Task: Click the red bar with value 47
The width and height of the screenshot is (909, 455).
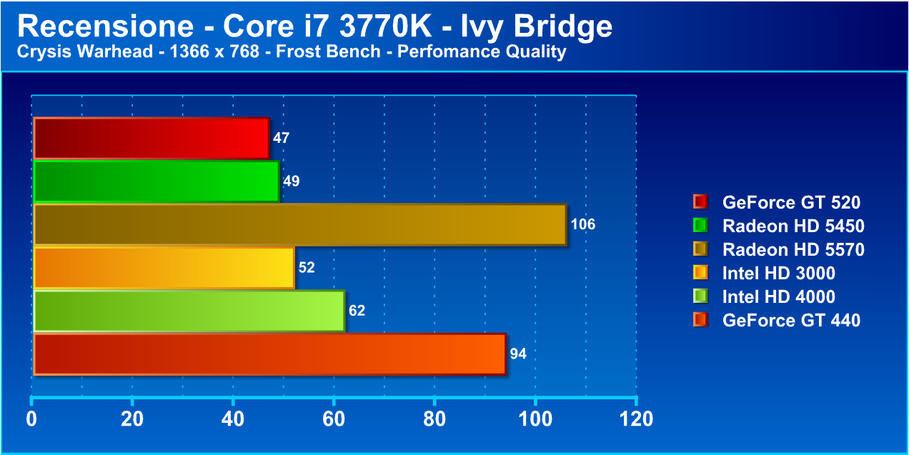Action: (151, 139)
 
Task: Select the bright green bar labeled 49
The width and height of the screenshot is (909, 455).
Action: (156, 181)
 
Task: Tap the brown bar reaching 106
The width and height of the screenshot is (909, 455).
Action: (299, 224)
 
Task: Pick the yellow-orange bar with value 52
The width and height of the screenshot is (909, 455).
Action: (164, 268)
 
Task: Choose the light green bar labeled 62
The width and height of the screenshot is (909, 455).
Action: (189, 311)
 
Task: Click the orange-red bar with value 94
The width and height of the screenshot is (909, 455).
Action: (269, 354)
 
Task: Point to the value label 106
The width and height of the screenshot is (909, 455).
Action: (582, 225)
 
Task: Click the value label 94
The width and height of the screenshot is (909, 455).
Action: (518, 354)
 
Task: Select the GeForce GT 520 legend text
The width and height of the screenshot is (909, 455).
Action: (791, 202)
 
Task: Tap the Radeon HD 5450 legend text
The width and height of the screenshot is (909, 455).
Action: (793, 226)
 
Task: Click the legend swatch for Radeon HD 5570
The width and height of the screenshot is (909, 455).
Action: (700, 249)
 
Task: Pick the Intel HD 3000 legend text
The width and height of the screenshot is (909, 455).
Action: (778, 273)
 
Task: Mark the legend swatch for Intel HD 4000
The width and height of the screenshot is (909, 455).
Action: (700, 296)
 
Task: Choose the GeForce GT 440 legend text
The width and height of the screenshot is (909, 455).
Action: (791, 320)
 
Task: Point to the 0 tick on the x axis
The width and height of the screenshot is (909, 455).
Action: (31, 419)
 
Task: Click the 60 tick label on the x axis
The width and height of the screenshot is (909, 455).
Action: (334, 419)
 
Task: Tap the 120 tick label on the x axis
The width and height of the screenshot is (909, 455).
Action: (636, 419)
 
